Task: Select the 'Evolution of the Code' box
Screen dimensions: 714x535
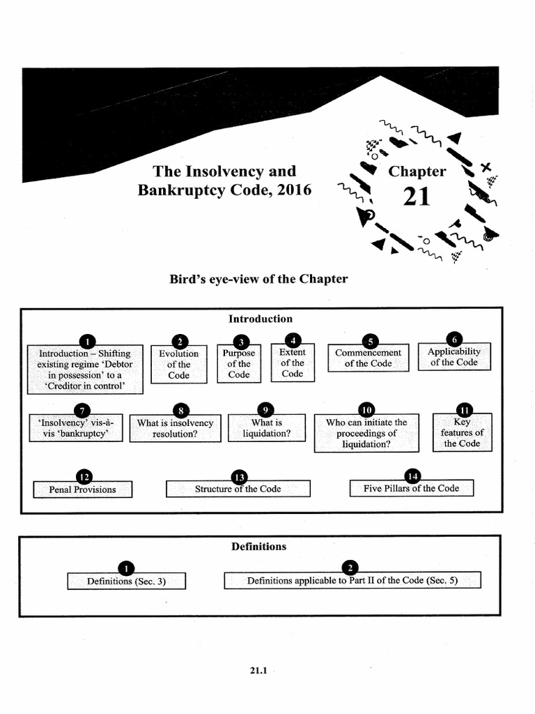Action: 178,365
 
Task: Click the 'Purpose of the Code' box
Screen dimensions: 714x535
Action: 239,365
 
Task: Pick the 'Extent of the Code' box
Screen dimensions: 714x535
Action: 293,363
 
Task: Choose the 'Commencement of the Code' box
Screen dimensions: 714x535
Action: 368,358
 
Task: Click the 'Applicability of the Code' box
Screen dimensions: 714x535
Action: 454,358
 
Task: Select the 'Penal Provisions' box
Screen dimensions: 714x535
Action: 82,489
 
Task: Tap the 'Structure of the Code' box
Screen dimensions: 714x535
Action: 238,489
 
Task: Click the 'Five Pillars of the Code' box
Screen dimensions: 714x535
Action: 411,488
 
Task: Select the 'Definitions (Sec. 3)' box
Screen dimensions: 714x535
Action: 126,581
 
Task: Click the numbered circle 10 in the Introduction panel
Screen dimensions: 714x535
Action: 366,409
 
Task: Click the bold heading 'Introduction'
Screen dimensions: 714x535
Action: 261,319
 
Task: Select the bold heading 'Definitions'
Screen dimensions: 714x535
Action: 258,547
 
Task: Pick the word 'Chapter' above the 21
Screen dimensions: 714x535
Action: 417,171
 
